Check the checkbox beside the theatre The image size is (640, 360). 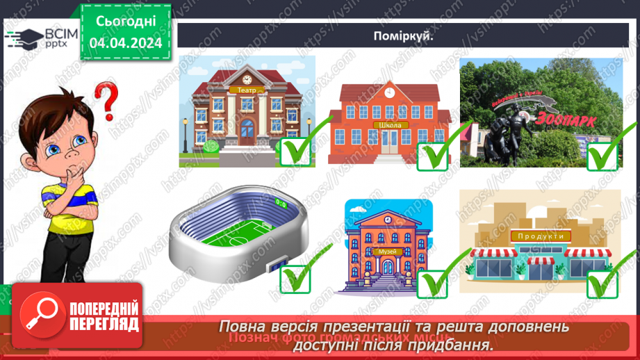tap(296, 152)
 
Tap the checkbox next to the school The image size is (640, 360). tap(433, 155)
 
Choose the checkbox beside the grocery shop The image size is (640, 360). tap(602, 282)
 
